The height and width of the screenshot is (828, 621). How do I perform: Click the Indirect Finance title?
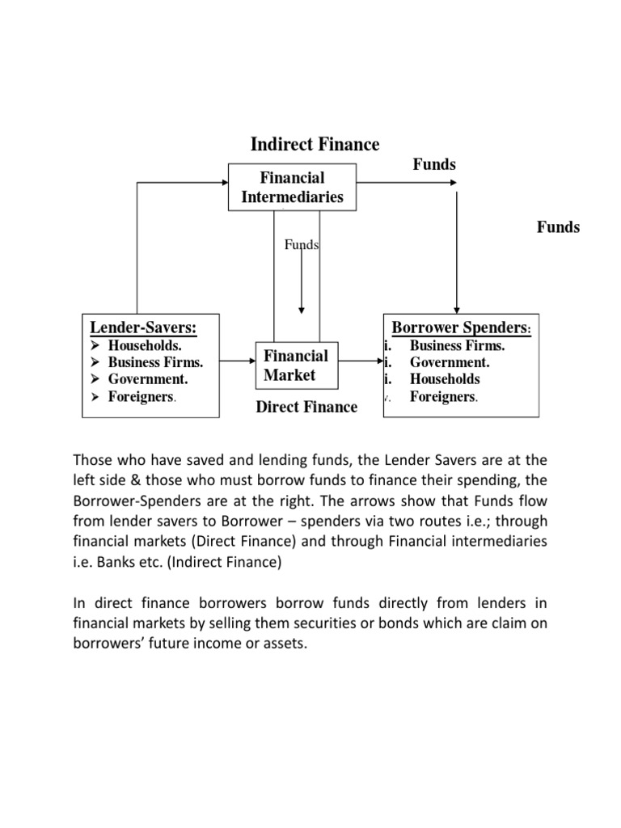pos(315,145)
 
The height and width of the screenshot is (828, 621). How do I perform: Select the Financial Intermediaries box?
pos(292,188)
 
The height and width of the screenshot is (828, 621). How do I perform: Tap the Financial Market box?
pos(296,365)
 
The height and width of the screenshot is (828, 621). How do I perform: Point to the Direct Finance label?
pos(306,407)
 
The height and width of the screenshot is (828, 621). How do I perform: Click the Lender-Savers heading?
pos(143,327)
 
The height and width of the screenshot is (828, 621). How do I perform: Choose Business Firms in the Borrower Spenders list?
pos(457,346)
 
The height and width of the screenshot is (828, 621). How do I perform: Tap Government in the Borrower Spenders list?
pos(450,362)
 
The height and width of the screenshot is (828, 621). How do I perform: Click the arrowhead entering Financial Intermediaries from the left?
pos(224,184)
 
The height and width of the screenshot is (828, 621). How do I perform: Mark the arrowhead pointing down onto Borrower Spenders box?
pos(457,309)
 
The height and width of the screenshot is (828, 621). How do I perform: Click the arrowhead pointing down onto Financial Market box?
pos(301,309)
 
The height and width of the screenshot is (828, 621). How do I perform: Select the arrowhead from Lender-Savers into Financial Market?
pos(251,361)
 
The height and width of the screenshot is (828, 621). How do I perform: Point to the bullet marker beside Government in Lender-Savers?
pos(95,379)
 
